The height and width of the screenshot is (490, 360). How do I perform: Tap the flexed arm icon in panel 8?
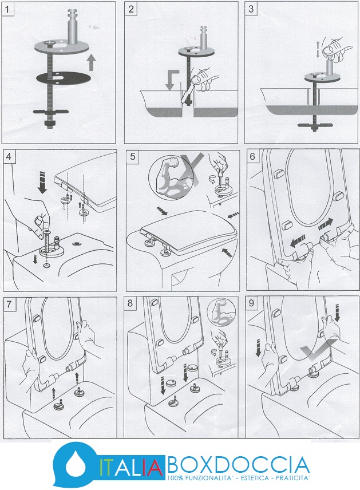coord(218,312)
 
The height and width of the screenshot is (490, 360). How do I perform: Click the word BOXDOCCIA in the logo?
coord(238,463)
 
